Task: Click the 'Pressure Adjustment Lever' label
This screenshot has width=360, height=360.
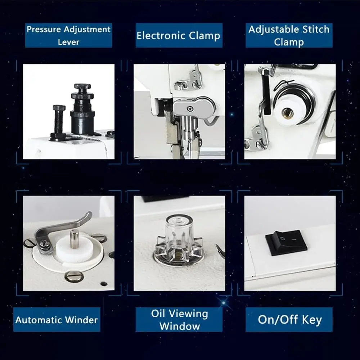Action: tap(68, 36)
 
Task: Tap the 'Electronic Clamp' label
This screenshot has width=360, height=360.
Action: tap(179, 36)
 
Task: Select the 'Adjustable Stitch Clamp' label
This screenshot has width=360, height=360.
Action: tap(289, 36)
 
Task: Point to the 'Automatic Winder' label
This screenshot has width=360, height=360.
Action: tap(57, 320)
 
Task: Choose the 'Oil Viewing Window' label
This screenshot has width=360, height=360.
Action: tap(179, 320)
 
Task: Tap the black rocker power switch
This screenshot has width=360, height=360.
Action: tap(286, 243)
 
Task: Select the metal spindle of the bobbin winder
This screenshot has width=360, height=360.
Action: tap(74, 239)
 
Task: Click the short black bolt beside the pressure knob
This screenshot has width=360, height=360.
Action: tap(59, 122)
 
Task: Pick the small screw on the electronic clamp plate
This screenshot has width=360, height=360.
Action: tap(189, 109)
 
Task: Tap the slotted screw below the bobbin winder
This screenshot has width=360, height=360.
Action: tap(74, 276)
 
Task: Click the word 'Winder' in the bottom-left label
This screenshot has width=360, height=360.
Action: tap(81, 320)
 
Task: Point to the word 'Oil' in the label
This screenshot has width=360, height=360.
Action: tap(158, 314)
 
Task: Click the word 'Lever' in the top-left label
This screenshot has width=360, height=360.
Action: tap(68, 42)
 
